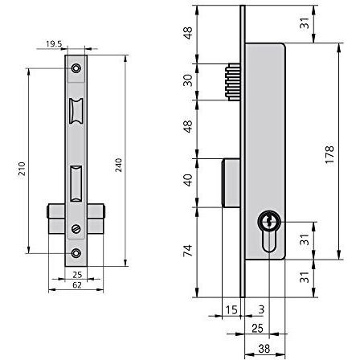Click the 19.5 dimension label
coord(54,43)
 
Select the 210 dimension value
coord(22,169)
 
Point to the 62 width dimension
coord(77,285)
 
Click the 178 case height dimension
coord(329,154)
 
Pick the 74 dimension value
coord(188,251)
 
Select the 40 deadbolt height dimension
coord(188,180)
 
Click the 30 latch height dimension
coord(188,80)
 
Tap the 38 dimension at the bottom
coord(264,349)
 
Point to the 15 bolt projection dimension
coord(231,310)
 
